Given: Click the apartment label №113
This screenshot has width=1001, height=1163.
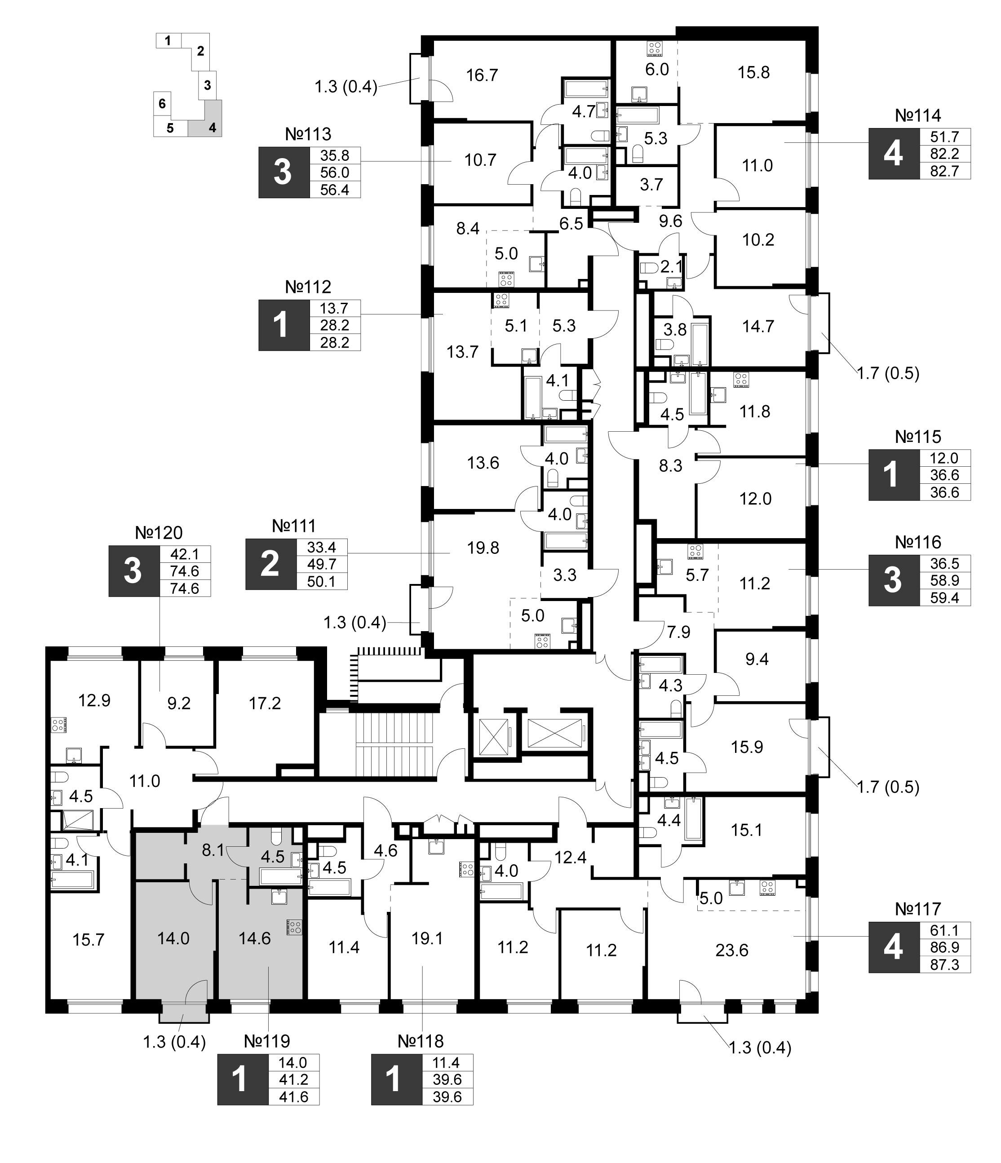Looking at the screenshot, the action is pos(308,134).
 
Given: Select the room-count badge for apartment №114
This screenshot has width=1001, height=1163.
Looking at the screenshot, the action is pos(894,154).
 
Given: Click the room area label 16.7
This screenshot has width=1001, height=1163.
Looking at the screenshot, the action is pos(482,75).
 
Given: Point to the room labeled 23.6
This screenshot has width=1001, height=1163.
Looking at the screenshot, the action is pos(731,950).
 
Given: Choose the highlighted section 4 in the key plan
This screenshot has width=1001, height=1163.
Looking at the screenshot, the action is pos(212,128).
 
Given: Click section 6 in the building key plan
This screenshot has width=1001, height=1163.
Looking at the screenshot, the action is pos(162,103).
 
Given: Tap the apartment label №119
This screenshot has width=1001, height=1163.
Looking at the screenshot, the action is pos(267,1041).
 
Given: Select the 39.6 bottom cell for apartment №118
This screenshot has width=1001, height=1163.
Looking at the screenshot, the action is pos(447,1097).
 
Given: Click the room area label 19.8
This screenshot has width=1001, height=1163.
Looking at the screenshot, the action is pos(483,547).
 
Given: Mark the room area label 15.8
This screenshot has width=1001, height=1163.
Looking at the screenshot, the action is pos(753,72).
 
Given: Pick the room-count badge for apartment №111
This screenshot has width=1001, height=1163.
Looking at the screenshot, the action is pos(270,564).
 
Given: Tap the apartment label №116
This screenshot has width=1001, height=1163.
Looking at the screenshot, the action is pos(918,542).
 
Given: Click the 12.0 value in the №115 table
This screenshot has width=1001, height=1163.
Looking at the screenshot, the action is pos(944,458).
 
